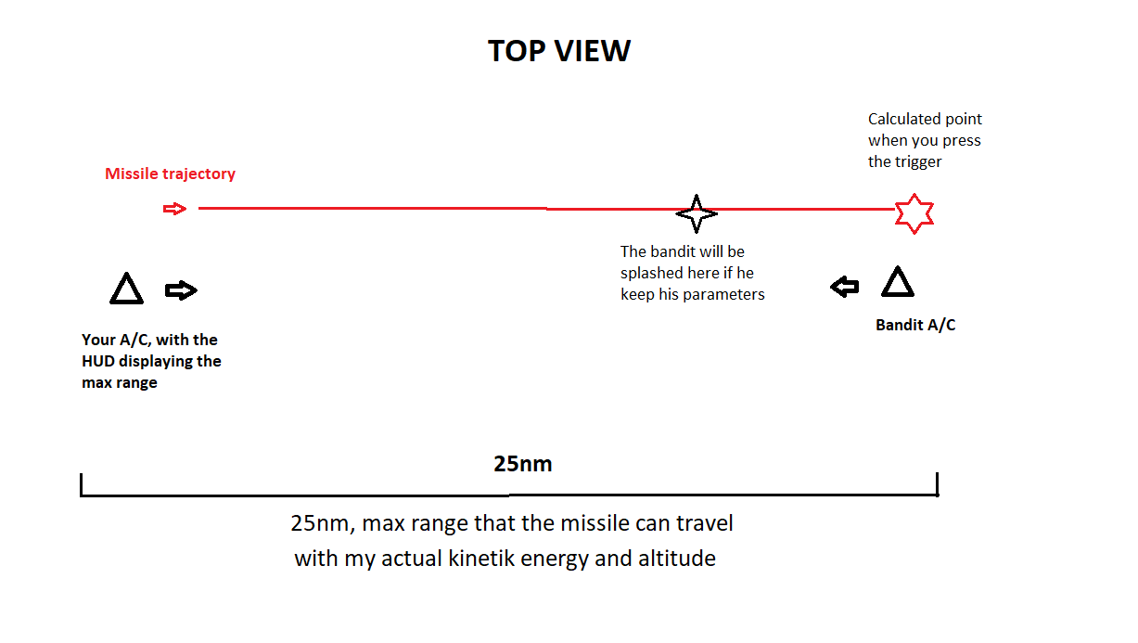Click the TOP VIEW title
(559, 51)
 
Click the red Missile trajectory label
(171, 174)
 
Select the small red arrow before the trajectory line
(174, 209)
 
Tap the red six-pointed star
(914, 213)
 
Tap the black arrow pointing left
(844, 287)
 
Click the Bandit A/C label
(915, 325)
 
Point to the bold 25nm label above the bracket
(523, 464)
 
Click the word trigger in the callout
(919, 162)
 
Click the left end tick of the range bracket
(82, 484)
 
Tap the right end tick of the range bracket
(938, 484)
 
